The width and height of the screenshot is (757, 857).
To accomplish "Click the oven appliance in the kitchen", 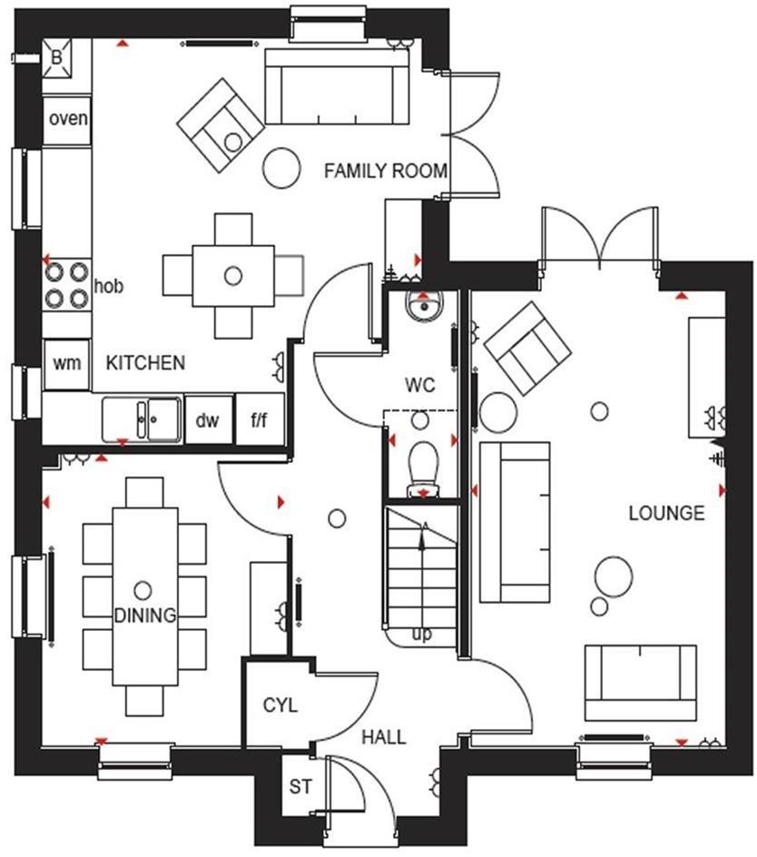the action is click(68, 119).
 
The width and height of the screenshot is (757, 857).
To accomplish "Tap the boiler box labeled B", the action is click(57, 58).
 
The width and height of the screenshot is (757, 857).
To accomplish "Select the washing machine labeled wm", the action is click(66, 363).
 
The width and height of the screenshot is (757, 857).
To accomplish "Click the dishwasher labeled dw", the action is click(209, 420).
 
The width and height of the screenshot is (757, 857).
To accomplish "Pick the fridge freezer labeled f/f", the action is click(260, 420).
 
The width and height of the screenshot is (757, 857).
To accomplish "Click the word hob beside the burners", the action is click(109, 287).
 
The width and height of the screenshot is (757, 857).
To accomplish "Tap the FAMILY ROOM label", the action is click(386, 171).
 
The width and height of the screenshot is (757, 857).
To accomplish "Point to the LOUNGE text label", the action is click(666, 513).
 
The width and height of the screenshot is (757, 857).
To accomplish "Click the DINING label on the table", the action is click(144, 616).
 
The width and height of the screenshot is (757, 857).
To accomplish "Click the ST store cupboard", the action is click(300, 786).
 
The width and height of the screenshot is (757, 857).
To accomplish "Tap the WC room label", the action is click(419, 386).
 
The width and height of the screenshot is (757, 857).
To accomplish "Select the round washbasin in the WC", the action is click(423, 309).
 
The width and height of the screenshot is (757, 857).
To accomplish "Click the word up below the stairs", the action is click(422, 634).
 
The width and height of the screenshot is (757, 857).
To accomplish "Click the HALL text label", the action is click(383, 736).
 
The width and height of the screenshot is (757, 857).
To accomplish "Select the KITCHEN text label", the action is click(145, 363).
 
